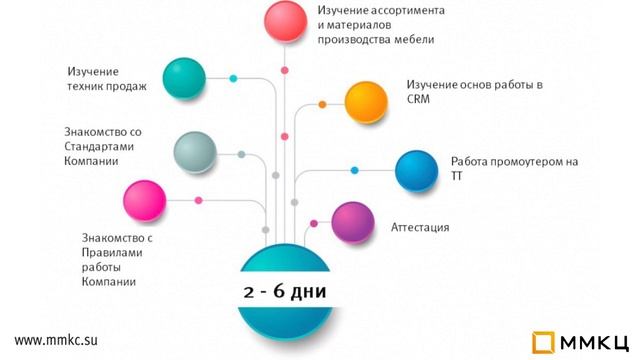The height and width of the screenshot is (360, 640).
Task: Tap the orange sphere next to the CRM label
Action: (x=366, y=101)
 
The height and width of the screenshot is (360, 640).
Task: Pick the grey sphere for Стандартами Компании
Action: (x=195, y=152)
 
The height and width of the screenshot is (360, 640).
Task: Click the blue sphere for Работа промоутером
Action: (x=415, y=170)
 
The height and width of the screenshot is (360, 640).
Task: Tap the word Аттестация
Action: (x=420, y=228)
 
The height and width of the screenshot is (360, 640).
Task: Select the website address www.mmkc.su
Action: (x=56, y=340)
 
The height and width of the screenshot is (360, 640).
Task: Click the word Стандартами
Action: (x=97, y=146)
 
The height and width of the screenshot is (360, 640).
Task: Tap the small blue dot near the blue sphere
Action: (x=354, y=170)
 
